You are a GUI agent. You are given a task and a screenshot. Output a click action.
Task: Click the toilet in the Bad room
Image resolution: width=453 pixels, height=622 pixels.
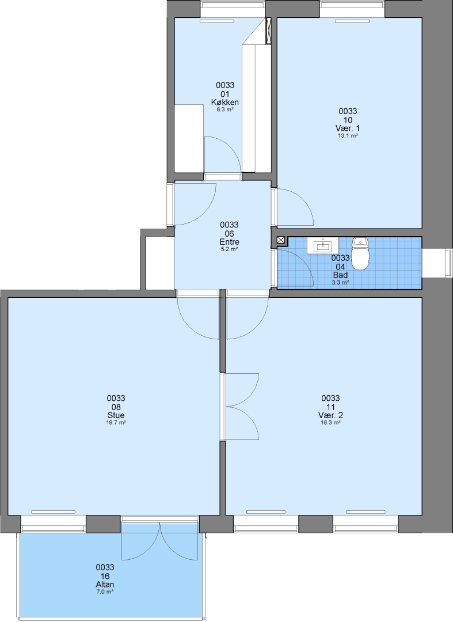(x=360, y=253)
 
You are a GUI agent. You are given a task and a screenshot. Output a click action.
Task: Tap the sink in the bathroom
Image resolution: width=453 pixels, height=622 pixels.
(x=323, y=246)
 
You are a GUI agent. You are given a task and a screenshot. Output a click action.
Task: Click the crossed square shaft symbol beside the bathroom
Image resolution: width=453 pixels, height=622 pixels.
(x=281, y=240)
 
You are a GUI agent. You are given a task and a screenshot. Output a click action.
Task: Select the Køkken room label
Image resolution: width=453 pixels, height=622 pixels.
(x=225, y=103)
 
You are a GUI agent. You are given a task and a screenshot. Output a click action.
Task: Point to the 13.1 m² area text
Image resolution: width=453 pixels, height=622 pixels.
(x=348, y=136)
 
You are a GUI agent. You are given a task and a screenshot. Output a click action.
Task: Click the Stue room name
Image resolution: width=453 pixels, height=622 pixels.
(x=116, y=415)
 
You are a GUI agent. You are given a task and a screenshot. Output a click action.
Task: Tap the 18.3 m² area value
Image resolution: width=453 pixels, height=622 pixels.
(x=330, y=423)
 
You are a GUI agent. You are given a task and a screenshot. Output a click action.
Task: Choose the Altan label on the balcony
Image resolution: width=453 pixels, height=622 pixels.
(x=105, y=585)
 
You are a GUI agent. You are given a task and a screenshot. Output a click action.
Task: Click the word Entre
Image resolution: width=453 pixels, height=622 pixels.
(x=230, y=242)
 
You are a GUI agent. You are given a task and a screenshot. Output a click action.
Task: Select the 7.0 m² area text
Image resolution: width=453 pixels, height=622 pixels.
(x=105, y=591)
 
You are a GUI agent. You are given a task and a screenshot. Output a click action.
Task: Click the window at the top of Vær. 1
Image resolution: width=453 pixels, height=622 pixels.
(x=352, y=9)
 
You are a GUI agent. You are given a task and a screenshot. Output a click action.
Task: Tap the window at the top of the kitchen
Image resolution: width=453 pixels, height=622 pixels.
(x=233, y=9)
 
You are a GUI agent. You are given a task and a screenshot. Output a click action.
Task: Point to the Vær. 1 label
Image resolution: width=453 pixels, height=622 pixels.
(x=348, y=128)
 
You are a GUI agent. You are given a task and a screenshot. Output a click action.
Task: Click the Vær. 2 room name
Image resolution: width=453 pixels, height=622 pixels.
(x=330, y=415)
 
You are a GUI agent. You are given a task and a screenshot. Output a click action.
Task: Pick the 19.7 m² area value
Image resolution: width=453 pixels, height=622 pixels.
(x=116, y=423)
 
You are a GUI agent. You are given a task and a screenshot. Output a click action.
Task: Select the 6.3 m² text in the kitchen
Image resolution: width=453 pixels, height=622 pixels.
(x=225, y=109)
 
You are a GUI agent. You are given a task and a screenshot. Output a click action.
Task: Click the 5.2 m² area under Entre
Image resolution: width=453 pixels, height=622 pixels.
(x=230, y=249)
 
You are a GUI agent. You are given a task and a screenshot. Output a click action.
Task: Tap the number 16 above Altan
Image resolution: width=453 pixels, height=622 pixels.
(x=105, y=576)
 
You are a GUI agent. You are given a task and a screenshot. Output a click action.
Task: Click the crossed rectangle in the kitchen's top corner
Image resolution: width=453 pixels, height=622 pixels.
(x=268, y=31)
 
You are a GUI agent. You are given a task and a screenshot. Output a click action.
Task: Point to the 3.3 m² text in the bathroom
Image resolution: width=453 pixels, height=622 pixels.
(x=340, y=283)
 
